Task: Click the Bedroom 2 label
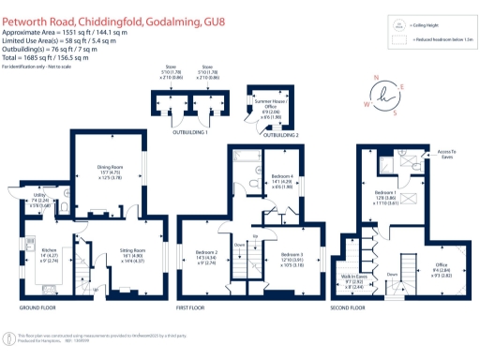coord(205,254)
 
